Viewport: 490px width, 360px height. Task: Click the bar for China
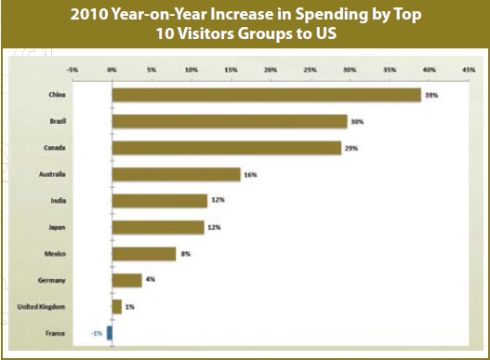point(266,95)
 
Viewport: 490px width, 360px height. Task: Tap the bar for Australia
point(176,174)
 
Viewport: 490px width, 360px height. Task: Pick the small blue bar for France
point(110,332)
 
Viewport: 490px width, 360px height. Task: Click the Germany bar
point(126,279)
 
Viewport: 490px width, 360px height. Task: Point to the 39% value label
point(432,95)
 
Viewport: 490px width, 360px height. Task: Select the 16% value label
point(250,174)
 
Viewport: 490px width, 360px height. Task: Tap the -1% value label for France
point(97,332)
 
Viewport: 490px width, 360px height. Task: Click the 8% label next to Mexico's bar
point(185,253)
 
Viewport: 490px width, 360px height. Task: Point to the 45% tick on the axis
point(469,69)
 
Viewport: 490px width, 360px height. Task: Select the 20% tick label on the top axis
point(271,69)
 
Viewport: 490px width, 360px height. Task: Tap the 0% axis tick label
point(113,69)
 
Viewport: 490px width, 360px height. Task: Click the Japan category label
point(57,227)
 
